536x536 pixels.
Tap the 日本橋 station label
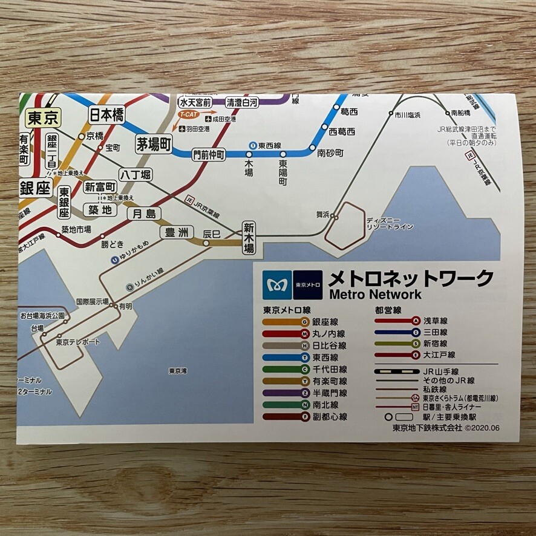(106, 114)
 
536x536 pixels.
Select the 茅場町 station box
(154, 144)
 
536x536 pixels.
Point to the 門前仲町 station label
(208, 154)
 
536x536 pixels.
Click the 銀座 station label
(35, 188)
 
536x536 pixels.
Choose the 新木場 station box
(249, 238)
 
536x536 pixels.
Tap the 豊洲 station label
(177, 232)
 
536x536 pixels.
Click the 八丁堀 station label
(135, 175)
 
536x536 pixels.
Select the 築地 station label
(100, 210)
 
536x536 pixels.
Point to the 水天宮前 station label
(195, 102)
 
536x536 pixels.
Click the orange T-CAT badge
(188, 114)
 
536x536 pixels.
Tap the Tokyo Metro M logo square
(276, 284)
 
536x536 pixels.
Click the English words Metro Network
(374, 295)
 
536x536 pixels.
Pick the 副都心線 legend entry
(329, 417)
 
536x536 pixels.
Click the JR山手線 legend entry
(440, 371)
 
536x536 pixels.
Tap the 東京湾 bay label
(178, 371)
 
